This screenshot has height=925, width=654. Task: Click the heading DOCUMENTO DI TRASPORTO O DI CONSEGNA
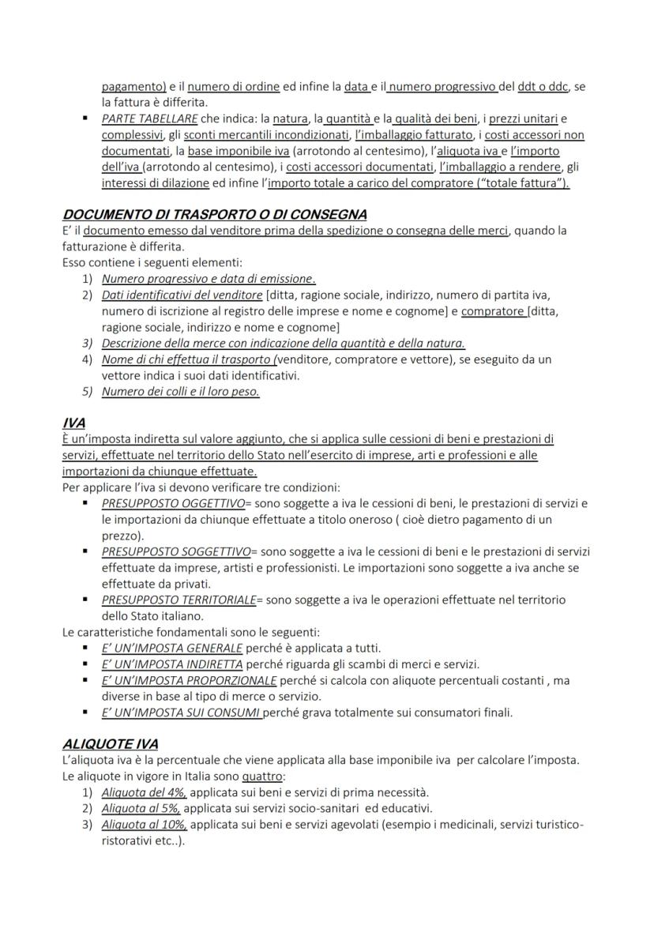click(x=214, y=215)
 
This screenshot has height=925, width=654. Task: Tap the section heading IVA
click(x=74, y=423)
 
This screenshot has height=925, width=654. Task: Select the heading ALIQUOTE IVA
click(x=110, y=744)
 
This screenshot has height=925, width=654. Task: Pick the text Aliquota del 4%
click(x=145, y=792)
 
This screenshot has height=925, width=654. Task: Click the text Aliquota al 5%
click(x=141, y=808)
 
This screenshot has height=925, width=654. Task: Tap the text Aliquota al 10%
click(x=145, y=825)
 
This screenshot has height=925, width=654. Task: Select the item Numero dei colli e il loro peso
click(x=180, y=391)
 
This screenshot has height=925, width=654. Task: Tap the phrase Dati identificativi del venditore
click(x=182, y=295)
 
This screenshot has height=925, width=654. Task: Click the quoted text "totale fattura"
click(x=526, y=183)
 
